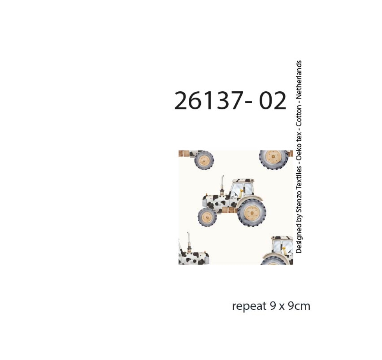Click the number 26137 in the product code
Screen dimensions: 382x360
tap(209, 101)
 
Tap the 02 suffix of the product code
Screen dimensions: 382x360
tap(272, 101)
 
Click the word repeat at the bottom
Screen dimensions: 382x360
tap(249, 306)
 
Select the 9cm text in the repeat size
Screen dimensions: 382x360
tap(299, 306)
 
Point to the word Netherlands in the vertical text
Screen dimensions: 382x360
tap(299, 79)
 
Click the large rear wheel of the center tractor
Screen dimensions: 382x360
tap(252, 213)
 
